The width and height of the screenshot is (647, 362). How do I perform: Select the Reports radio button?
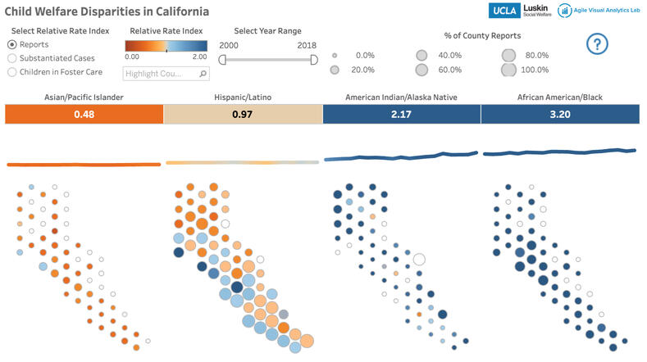pos(11,44)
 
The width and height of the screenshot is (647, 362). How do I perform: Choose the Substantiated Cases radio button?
pos(11,58)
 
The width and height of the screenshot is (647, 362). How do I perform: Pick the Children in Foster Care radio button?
pos(11,72)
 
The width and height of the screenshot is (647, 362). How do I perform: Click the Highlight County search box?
pos(161,74)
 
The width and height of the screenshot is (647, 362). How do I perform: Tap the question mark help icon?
pos(598,45)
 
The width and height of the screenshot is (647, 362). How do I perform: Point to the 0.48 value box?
pos(84,115)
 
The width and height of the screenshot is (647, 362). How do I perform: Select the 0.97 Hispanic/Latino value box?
pos(243,115)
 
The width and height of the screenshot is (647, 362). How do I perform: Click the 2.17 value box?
pos(401,115)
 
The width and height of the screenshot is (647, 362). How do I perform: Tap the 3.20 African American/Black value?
pos(559,115)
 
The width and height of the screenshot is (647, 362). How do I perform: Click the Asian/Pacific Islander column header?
pos(84,97)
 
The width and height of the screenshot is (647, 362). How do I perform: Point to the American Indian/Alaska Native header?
pos(401,97)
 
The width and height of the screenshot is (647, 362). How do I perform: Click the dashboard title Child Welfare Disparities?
pos(107,12)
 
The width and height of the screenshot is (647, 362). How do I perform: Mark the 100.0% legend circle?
pos(508,70)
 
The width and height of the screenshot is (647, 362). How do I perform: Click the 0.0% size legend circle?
pos(335,56)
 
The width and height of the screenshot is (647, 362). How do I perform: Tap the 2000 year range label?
pos(229,45)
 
